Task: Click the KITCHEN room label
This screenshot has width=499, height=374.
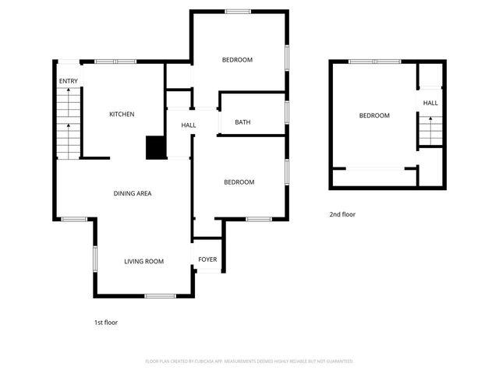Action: [x=122, y=115]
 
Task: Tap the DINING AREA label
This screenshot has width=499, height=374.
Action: [x=133, y=193]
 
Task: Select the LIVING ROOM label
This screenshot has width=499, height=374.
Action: [x=143, y=261]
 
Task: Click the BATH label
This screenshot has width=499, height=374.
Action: [x=242, y=122]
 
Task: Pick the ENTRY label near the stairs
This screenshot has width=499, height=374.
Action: [x=68, y=81]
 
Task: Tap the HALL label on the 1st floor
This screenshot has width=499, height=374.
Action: [x=189, y=125]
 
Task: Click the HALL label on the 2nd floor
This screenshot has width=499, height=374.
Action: [x=430, y=103]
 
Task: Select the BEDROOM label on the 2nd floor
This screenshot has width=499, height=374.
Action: [x=373, y=116]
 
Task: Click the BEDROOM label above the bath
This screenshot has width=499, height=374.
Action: [x=237, y=60]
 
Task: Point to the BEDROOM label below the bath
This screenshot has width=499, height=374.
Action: [x=239, y=182]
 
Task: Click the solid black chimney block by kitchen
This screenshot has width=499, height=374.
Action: [x=156, y=147]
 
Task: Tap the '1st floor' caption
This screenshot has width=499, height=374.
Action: [x=105, y=322]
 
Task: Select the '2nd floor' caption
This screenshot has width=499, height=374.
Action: [x=342, y=214]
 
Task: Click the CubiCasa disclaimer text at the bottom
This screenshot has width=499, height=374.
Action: [x=249, y=361]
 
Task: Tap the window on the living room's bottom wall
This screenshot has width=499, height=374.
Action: [x=159, y=296]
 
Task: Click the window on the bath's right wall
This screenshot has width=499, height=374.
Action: [x=287, y=112]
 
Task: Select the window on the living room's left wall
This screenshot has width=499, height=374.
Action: [x=95, y=259]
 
